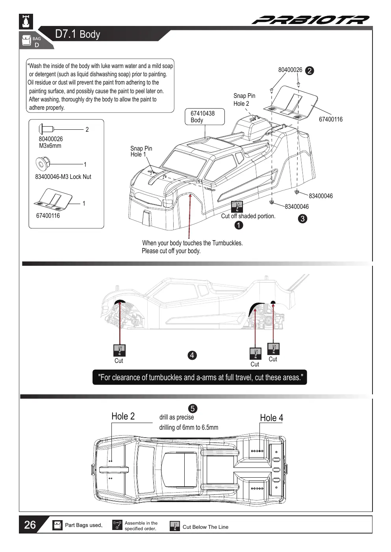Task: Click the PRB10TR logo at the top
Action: pyautogui.click(x=311, y=20)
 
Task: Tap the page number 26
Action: pyautogui.click(x=30, y=525)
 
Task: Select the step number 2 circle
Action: pyautogui.click(x=309, y=71)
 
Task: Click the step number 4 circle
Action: pyautogui.click(x=192, y=355)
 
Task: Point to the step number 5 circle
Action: pyautogui.click(x=193, y=408)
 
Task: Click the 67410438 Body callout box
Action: pyautogui.click(x=205, y=117)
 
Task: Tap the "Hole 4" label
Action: pyautogui.click(x=272, y=418)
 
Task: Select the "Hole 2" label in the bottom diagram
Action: pyautogui.click(x=123, y=416)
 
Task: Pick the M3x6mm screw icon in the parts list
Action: pyautogui.click(x=46, y=129)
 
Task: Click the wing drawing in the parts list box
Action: pyautogui.click(x=53, y=199)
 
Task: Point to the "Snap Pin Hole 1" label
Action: pyautogui.click(x=141, y=151)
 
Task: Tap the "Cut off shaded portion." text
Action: pyautogui.click(x=248, y=216)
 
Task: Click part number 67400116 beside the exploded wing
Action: pyautogui.click(x=331, y=119)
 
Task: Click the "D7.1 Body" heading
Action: pyautogui.click(x=78, y=34)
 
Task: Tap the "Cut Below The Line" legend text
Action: pyautogui.click(x=206, y=527)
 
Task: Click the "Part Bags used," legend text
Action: pyautogui.click(x=83, y=525)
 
